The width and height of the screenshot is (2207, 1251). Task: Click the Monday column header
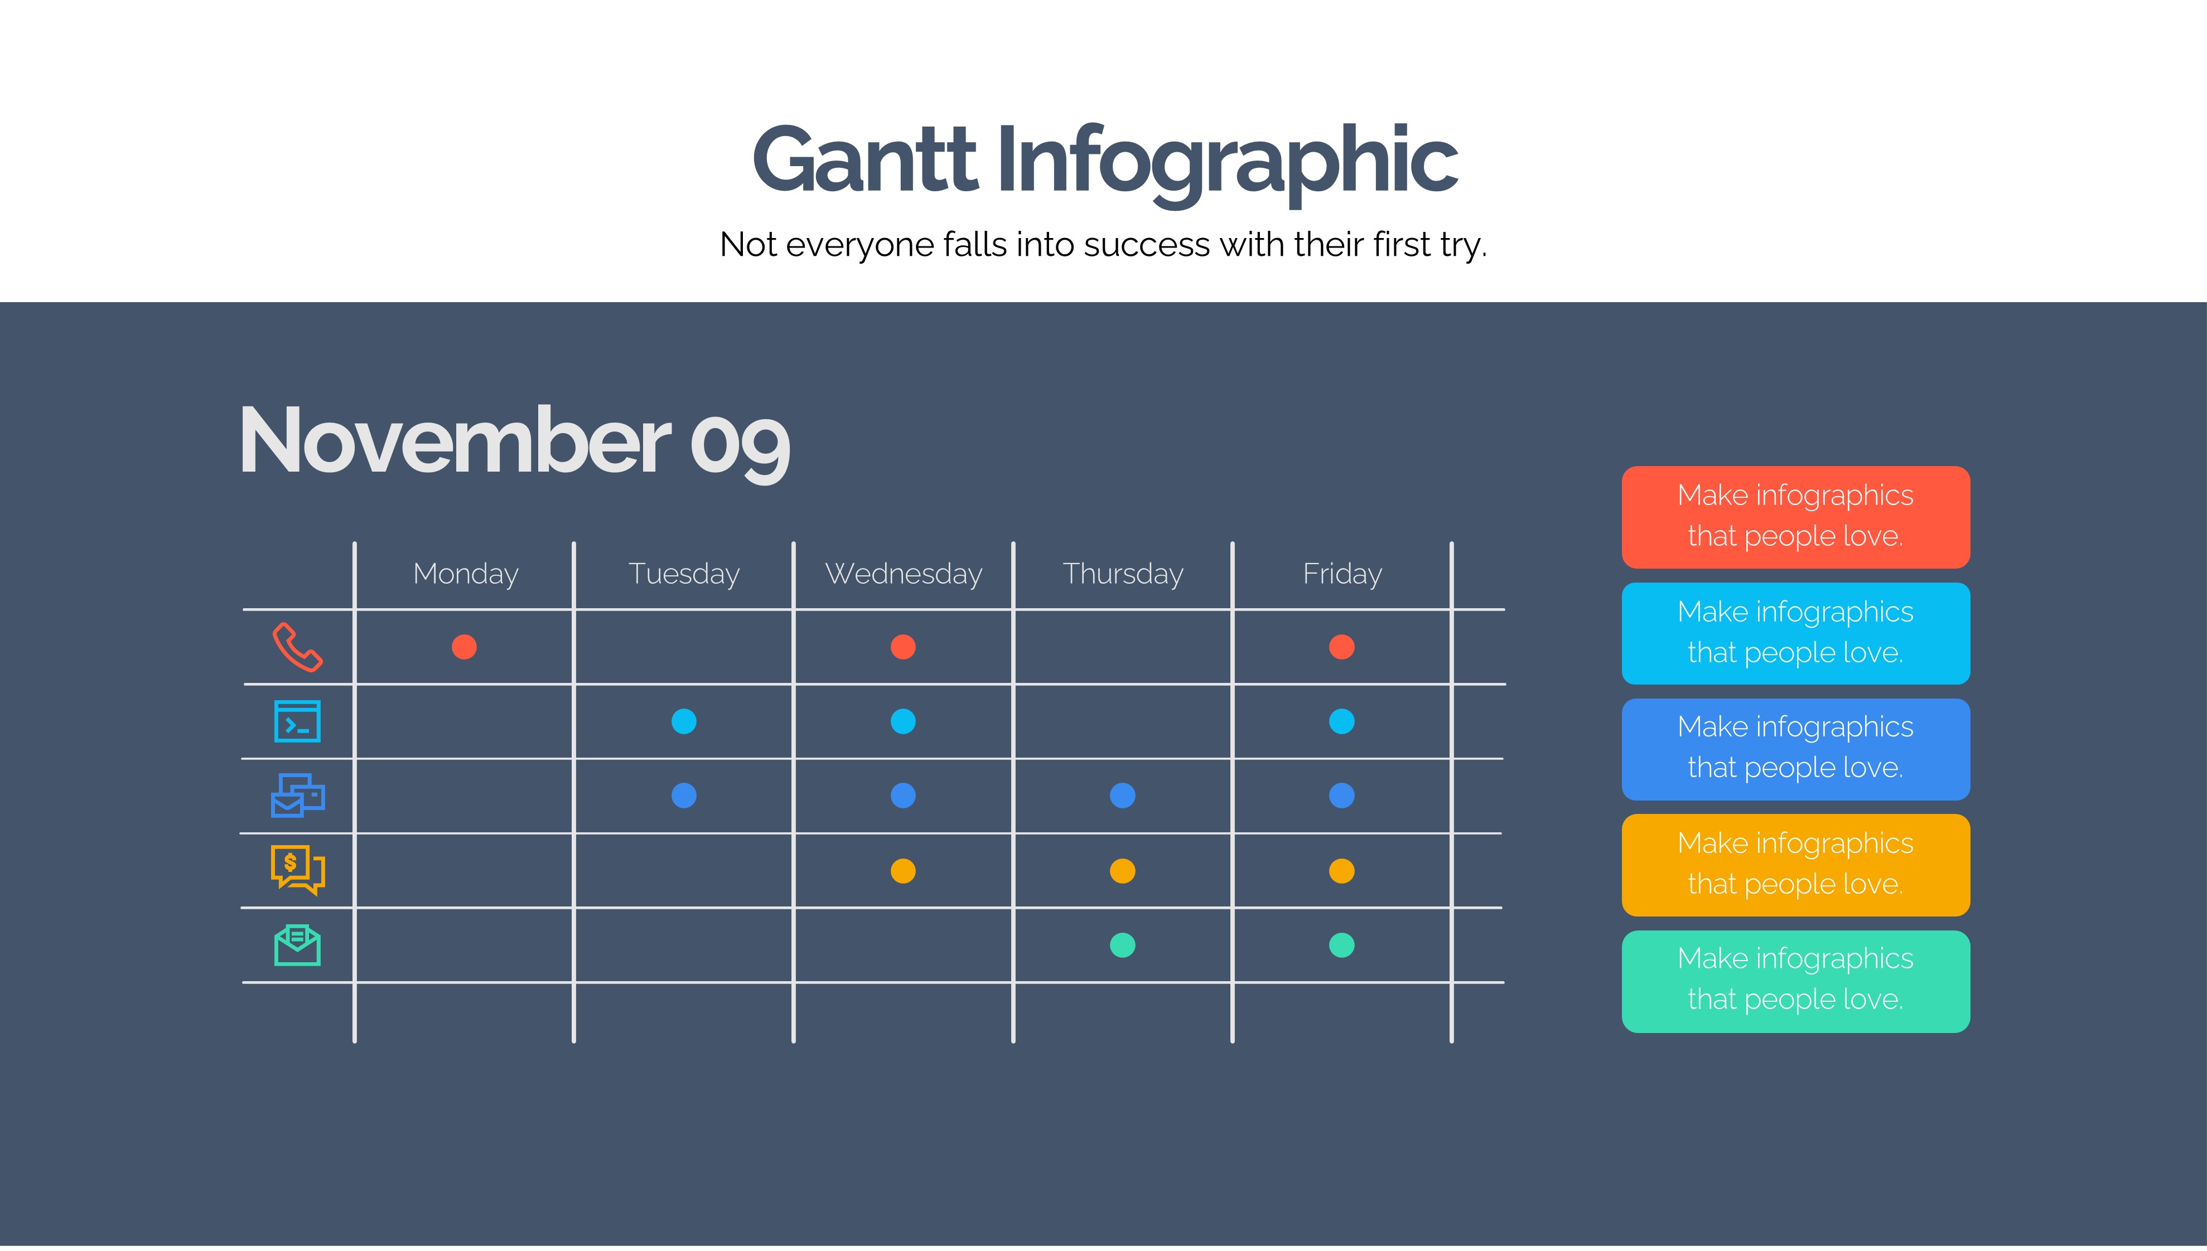466,573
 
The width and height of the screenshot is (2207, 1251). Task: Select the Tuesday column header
684,573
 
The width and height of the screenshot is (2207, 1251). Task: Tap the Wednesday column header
903,573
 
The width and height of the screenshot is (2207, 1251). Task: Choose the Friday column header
1342,573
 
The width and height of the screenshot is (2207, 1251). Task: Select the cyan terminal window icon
297,721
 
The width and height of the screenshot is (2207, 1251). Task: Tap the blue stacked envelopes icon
297,796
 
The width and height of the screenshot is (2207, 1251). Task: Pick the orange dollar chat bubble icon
297,870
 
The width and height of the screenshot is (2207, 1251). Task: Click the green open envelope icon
297,945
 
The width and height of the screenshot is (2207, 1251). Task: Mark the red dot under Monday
464,647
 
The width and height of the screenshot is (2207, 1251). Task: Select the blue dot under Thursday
1122,796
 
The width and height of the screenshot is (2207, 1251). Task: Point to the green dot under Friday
1341,945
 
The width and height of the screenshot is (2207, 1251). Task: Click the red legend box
1795,517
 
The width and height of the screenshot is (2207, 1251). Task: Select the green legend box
1795,981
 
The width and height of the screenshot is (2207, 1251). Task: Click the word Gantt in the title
865,160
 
